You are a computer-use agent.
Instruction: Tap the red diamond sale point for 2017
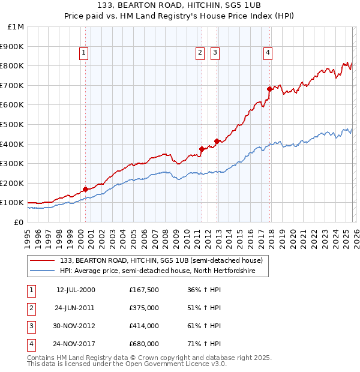coord(270,89)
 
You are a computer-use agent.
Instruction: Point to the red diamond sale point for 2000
coord(86,189)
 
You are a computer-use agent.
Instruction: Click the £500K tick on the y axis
coord(13,124)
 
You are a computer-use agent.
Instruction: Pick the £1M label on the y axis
coord(16,26)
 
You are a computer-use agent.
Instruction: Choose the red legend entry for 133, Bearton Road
coord(161,260)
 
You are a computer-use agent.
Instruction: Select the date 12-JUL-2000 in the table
coord(76,290)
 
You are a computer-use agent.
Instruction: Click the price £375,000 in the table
coord(144,308)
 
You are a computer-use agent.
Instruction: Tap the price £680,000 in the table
coord(144,344)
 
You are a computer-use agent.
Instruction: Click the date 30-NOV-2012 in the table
coord(76,326)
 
